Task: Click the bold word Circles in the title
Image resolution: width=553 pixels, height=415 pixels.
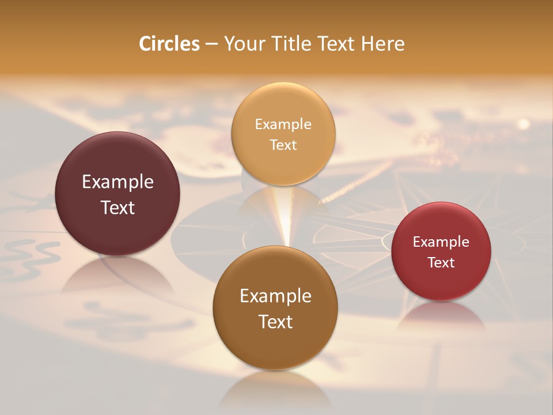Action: (x=169, y=44)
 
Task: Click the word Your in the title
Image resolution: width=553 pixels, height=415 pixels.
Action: (x=245, y=44)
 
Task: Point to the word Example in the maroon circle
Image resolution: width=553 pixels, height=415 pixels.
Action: (x=118, y=182)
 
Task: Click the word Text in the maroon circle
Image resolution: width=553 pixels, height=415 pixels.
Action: (x=118, y=207)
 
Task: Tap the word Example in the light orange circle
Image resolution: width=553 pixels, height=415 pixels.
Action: (x=283, y=124)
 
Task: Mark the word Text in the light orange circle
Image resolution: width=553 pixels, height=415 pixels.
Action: (x=283, y=145)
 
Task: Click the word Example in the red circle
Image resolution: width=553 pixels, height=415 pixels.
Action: (x=441, y=242)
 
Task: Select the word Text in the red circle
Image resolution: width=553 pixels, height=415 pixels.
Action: (x=441, y=263)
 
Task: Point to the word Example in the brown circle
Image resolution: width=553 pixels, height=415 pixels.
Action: (x=275, y=296)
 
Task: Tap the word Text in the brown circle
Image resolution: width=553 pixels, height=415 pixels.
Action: (x=275, y=322)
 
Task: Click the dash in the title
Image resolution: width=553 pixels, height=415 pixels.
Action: (x=211, y=44)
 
